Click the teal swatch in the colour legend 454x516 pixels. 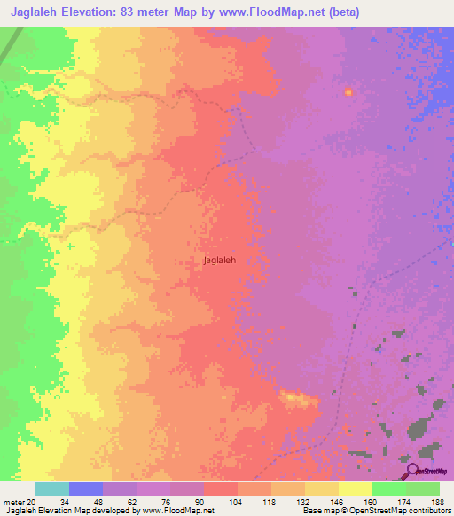tap(51, 489)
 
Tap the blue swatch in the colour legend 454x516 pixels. tap(85, 489)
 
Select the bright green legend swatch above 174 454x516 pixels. tap(388, 489)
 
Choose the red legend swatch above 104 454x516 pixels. tap(220, 489)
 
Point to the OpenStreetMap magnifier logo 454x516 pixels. tap(411, 470)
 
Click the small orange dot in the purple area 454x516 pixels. tap(348, 91)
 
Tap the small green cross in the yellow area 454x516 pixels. tap(70, 246)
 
